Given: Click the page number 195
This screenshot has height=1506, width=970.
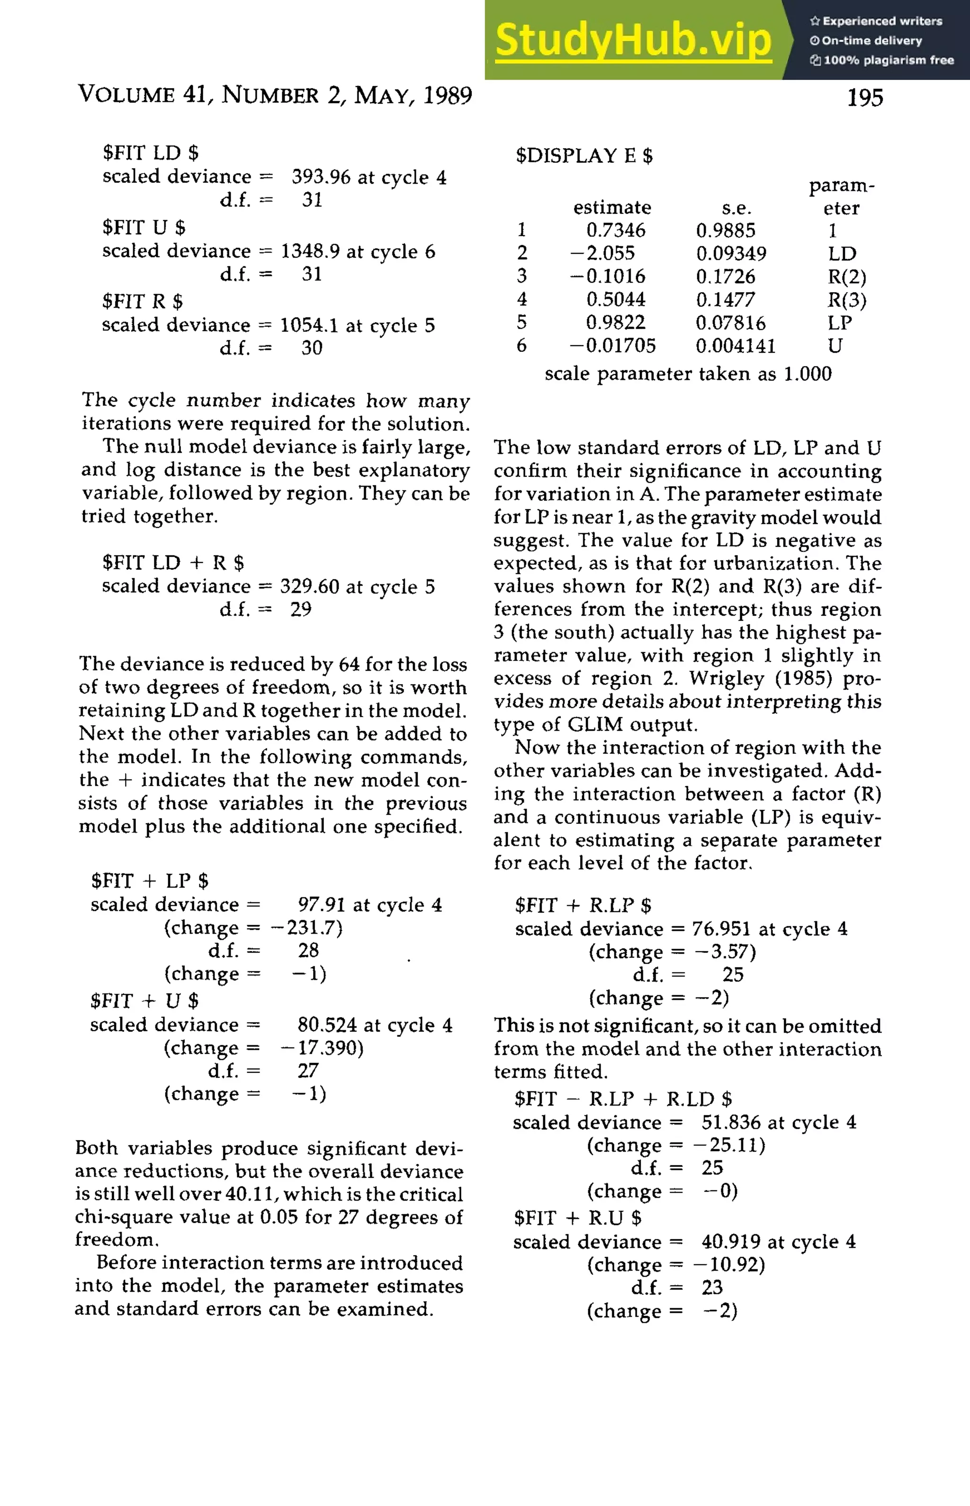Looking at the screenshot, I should tap(865, 98).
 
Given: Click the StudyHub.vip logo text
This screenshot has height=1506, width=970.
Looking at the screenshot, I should tap(633, 40).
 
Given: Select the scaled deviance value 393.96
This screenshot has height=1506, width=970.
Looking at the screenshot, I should tap(321, 178).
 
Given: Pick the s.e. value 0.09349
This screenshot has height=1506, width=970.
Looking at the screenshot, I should tap(731, 254).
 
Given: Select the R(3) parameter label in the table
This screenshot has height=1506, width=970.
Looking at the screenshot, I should tap(846, 300).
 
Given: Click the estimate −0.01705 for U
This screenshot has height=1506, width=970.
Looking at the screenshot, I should tap(612, 346).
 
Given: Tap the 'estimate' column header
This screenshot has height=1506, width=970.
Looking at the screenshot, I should tap(611, 208).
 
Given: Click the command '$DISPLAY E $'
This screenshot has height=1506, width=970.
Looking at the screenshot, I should tap(584, 155).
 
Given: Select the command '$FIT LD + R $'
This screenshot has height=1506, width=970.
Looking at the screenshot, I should tap(173, 562).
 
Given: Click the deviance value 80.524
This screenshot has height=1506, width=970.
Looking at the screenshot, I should tap(327, 1025).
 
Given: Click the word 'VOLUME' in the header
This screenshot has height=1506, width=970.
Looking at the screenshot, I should tap(126, 95).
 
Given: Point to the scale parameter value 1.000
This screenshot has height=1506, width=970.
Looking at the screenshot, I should tap(808, 374).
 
